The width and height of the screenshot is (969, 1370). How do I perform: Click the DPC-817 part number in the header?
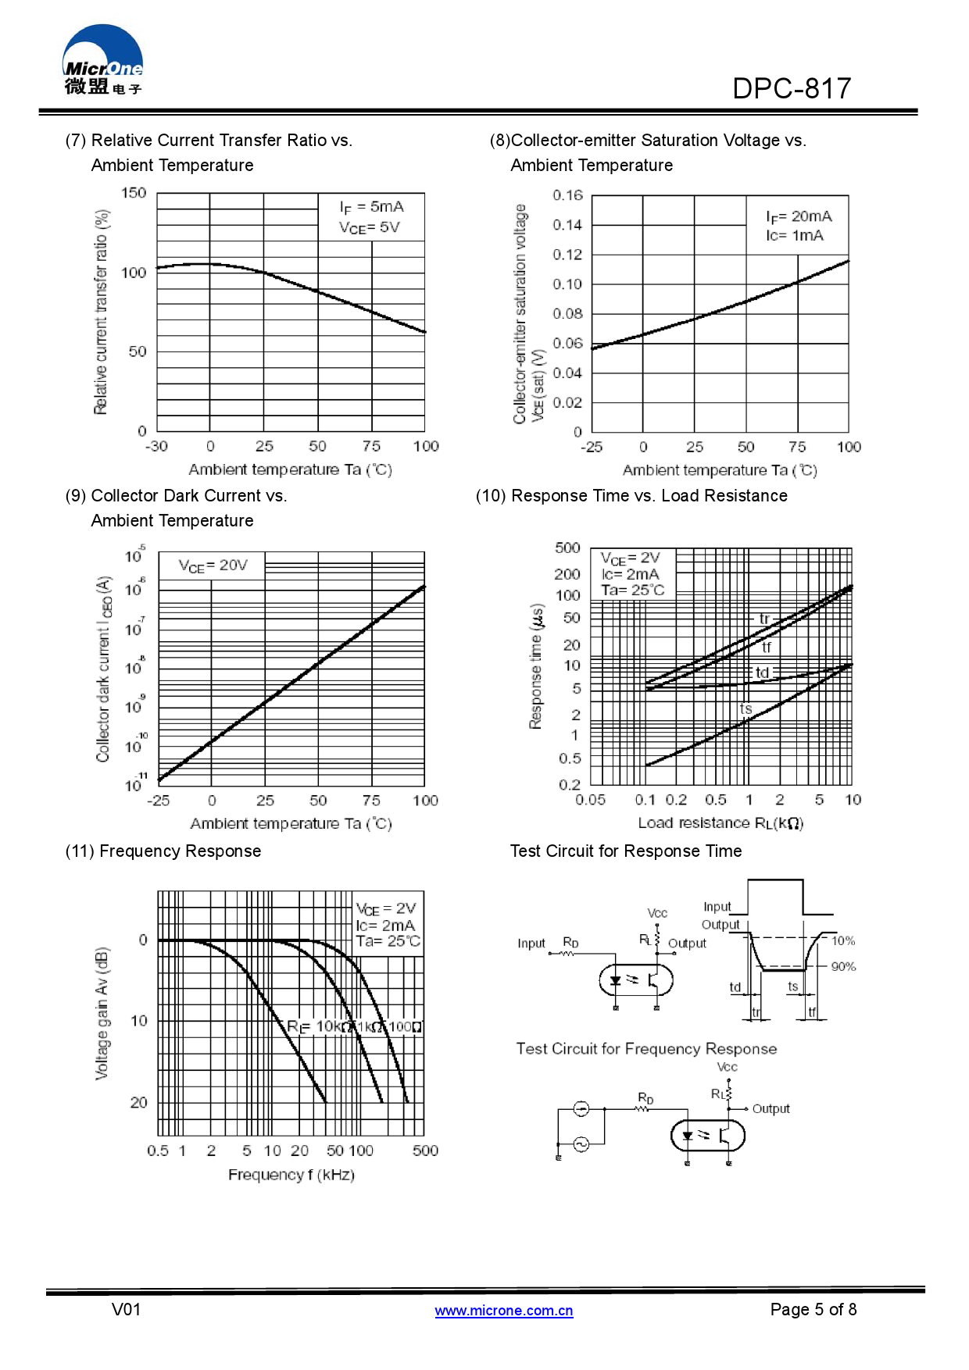[791, 89]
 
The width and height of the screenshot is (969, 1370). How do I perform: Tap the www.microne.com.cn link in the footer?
[504, 1310]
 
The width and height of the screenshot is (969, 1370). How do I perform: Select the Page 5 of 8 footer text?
[813, 1309]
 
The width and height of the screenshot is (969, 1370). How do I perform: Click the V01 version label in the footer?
[127, 1309]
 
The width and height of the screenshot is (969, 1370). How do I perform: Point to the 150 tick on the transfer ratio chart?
[134, 193]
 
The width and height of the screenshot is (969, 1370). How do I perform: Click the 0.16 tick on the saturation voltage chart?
[567, 194]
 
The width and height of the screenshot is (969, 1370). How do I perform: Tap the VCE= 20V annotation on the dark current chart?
[213, 565]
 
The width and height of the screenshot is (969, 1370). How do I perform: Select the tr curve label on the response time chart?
[764, 619]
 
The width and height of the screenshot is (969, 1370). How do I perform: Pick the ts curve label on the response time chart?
[746, 708]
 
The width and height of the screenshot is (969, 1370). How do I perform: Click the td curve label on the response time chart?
[762, 673]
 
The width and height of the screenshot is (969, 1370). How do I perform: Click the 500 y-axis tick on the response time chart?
[567, 548]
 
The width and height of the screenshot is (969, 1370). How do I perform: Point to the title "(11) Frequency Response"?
[163, 851]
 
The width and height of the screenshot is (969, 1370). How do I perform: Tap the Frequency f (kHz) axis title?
[291, 1175]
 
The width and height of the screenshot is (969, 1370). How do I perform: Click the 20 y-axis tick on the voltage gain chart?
[138, 1102]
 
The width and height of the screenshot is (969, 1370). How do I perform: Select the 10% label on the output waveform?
[843, 940]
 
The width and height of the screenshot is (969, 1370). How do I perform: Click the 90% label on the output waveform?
[843, 966]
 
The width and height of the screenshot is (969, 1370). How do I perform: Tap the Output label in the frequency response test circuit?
[771, 1108]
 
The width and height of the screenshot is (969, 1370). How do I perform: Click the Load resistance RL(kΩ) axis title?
[720, 822]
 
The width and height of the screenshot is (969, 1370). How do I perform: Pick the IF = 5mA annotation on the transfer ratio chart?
[371, 207]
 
